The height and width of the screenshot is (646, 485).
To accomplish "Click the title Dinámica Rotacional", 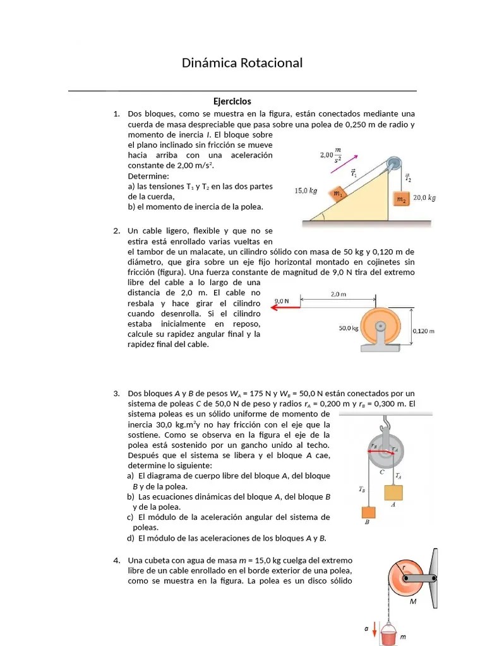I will (242, 63).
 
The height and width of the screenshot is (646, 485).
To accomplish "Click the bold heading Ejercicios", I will (232, 101).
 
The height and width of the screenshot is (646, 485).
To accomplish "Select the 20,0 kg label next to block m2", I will (424, 198).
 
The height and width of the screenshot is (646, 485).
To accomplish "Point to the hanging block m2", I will (401, 199).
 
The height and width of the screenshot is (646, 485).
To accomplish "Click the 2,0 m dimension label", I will (338, 294).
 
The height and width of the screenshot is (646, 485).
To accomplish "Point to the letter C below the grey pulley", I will (381, 471).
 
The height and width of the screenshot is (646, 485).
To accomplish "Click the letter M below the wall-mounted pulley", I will (413, 601).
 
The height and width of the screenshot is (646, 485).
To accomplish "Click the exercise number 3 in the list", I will (117, 394).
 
